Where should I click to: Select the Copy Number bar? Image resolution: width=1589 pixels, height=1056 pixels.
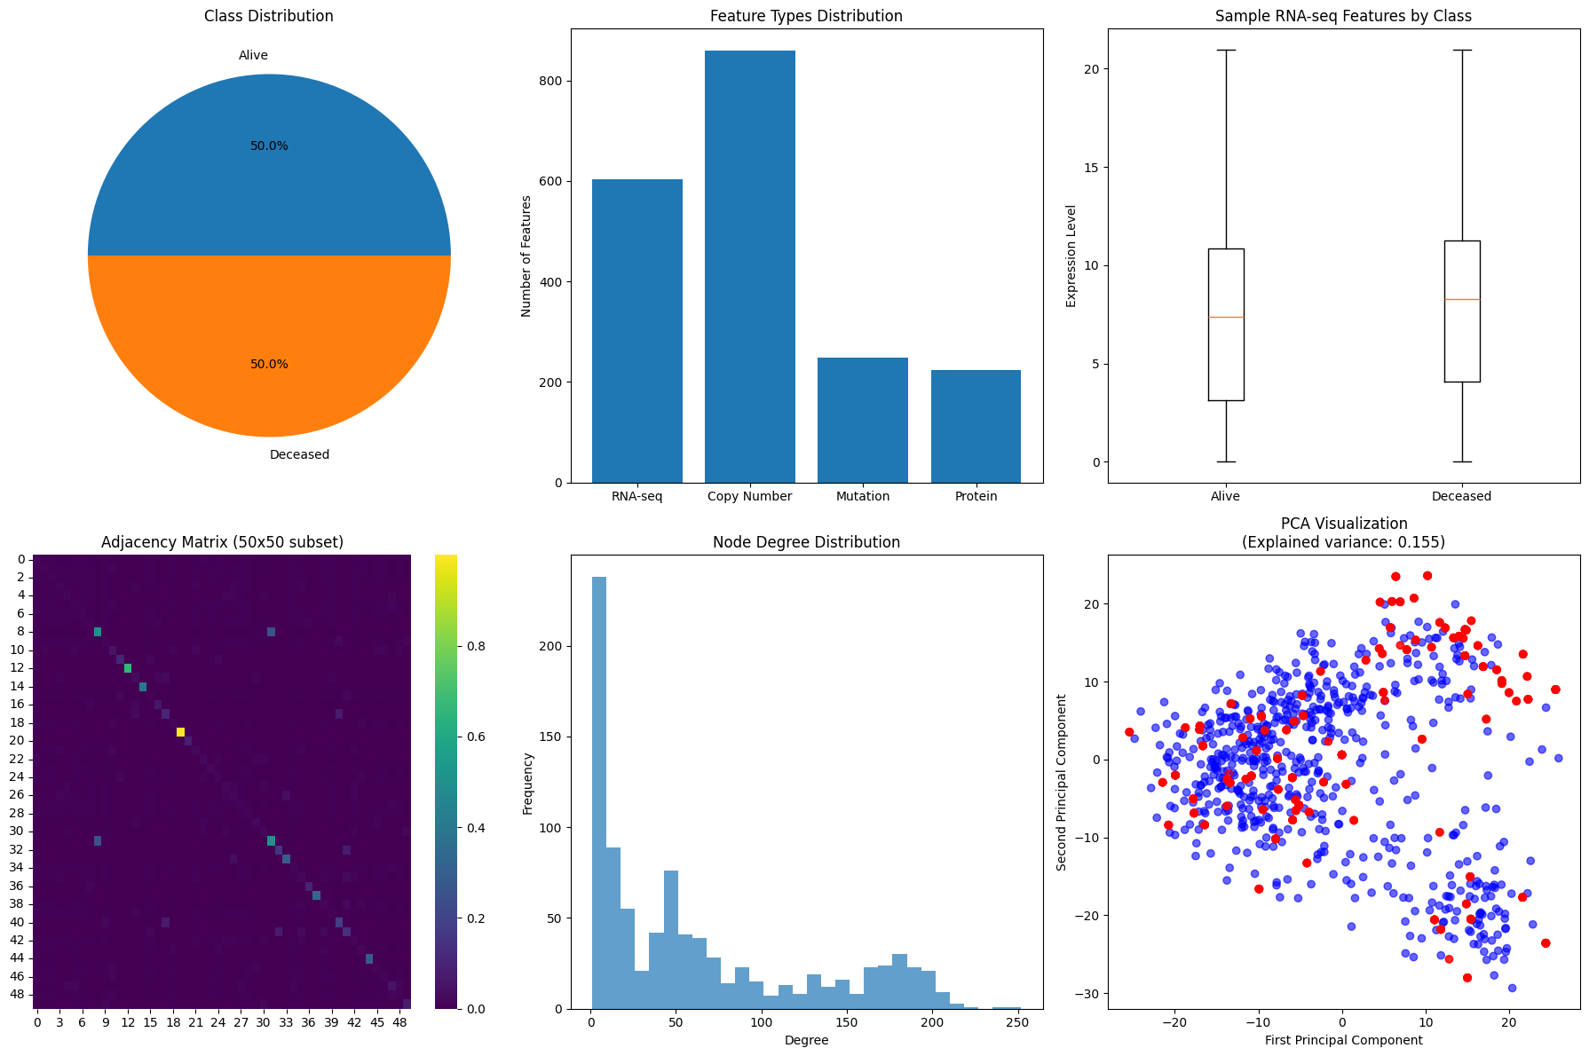tap(749, 266)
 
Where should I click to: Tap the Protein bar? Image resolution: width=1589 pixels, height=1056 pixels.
tap(976, 426)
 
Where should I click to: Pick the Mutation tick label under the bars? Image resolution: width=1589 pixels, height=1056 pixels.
tap(862, 497)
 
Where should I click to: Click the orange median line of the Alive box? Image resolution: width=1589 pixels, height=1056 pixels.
tap(1225, 317)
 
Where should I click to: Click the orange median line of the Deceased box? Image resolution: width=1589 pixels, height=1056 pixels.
tap(1461, 299)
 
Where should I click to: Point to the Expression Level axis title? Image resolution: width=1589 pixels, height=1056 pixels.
tap(1071, 256)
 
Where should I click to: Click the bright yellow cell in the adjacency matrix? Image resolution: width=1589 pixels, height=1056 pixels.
tap(180, 732)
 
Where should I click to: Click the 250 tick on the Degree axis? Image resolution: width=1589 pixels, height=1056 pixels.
tap(1018, 1023)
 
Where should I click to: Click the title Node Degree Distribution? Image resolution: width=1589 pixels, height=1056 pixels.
tap(806, 542)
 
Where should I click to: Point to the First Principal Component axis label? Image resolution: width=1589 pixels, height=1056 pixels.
tap(1343, 1040)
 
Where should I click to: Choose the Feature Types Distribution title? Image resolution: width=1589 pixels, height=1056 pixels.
tap(806, 16)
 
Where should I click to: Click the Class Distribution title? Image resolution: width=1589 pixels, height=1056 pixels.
tap(268, 16)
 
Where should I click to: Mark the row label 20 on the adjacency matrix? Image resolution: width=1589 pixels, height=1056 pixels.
tap(20, 741)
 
